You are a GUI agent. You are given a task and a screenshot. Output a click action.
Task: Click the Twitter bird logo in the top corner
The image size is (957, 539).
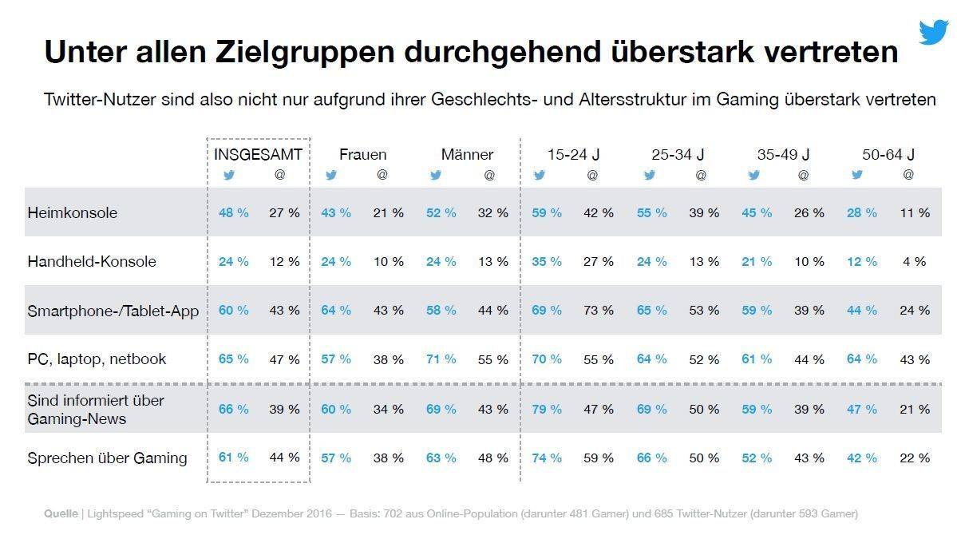933,33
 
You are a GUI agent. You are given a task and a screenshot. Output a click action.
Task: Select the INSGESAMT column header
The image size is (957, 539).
258,154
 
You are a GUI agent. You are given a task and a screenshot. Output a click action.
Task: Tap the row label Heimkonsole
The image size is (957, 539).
72,212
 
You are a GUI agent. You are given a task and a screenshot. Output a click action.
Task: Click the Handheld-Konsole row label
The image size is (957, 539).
92,261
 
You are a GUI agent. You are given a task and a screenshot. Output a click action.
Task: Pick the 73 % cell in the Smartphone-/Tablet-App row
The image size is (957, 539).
598,310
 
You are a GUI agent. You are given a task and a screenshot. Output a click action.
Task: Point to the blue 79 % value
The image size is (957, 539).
547,409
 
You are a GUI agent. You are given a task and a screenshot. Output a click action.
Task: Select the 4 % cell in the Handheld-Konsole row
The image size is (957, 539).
915,261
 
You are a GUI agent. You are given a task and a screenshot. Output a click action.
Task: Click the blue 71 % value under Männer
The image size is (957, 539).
441,359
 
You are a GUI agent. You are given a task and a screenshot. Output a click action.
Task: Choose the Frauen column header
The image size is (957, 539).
362,154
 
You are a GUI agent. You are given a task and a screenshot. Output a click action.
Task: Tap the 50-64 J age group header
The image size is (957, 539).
888,154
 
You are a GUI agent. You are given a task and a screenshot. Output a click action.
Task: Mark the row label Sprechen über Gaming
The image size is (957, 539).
107,458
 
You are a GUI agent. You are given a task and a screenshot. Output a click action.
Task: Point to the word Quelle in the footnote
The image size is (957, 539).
61,513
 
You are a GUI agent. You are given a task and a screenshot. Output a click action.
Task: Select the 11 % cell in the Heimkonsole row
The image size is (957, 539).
915,212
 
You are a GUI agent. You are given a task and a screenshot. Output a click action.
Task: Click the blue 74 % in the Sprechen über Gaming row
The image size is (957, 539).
547,458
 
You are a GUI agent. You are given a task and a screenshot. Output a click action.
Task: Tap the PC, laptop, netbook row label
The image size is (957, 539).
97,359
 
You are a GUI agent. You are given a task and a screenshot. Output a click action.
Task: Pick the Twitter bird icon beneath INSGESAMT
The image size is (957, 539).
229,175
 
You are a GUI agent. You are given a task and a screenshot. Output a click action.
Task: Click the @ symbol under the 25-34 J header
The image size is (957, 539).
700,175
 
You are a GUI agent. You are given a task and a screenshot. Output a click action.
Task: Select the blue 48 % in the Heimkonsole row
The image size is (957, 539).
233,212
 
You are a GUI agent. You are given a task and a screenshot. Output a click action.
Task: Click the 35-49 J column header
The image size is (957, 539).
783,154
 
